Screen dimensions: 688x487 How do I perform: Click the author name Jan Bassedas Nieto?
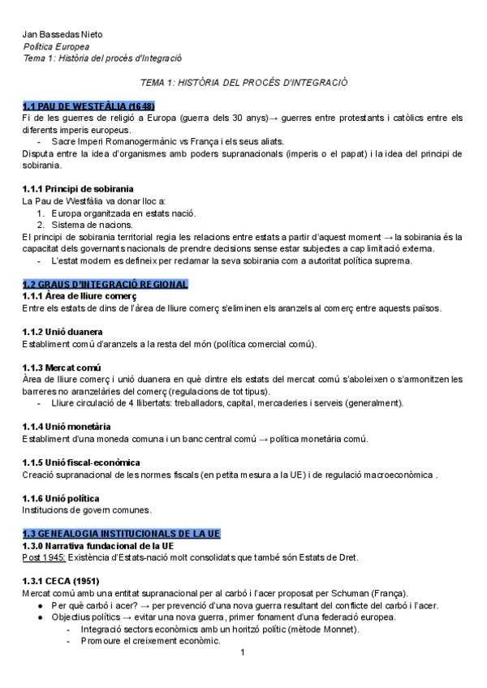62,34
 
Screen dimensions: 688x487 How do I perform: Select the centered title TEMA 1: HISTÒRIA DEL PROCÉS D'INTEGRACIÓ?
243,83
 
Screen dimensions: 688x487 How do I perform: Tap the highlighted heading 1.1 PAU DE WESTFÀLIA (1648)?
89,106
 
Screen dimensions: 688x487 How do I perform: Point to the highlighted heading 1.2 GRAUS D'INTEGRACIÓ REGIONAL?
106,284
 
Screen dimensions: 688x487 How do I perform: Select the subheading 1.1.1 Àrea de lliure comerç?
80,296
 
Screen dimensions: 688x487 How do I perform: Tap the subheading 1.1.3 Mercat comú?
61,368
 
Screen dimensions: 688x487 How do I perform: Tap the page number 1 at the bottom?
242,651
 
